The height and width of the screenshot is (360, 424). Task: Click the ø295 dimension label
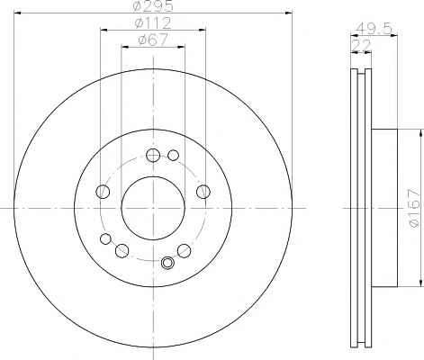[x=153, y=6]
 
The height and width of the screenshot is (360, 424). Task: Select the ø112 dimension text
[x=153, y=22]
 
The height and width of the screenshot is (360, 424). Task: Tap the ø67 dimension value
[x=153, y=40]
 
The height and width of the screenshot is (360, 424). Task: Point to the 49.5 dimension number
[x=374, y=29]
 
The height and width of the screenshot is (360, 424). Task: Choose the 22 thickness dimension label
[x=361, y=46]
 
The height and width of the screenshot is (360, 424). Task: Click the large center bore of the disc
[x=153, y=208]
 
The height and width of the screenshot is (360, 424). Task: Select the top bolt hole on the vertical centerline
[x=153, y=155]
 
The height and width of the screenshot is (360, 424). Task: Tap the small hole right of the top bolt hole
[x=173, y=155]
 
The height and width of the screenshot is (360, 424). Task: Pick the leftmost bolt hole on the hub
[x=103, y=192]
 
